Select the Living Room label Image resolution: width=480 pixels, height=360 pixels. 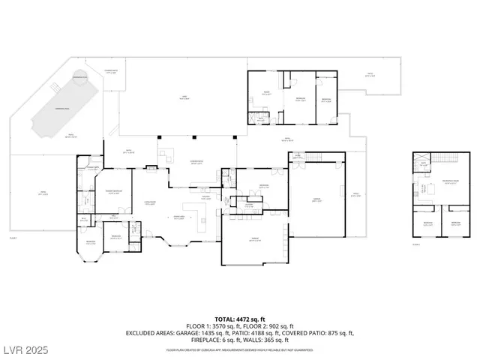tap(150, 205)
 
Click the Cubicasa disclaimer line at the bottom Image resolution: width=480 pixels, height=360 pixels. tap(239, 349)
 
